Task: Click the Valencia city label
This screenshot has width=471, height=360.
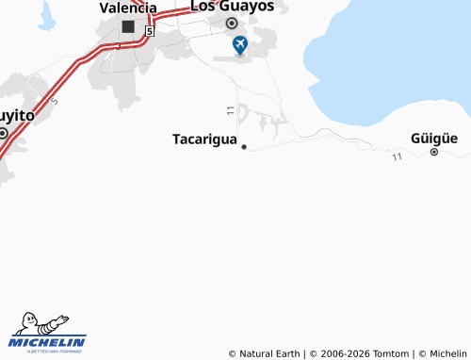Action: tap(128, 8)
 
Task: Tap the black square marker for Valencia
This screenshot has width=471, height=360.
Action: tap(128, 26)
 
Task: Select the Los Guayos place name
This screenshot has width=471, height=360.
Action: tap(232, 6)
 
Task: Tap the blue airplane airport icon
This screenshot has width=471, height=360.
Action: tap(240, 44)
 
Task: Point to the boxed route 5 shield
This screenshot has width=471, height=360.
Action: tap(150, 31)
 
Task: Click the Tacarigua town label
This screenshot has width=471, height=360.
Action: tap(203, 139)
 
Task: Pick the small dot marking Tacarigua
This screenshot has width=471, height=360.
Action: tap(244, 147)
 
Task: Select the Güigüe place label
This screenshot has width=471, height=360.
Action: tap(434, 138)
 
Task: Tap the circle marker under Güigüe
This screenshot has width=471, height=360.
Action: tap(434, 152)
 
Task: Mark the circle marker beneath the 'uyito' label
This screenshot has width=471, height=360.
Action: tap(3, 134)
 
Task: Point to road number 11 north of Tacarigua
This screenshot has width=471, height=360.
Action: tap(230, 111)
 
